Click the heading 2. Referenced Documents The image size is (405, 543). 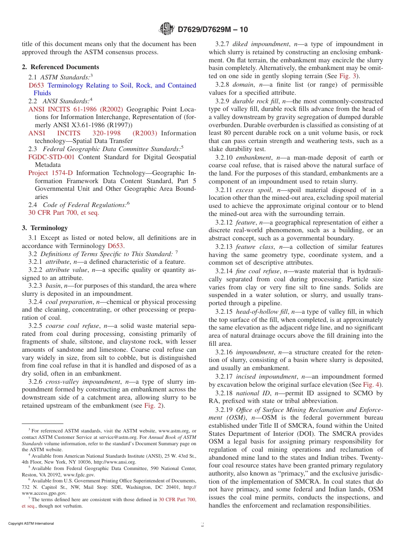[61, 67]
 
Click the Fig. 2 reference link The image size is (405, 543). [153, 406]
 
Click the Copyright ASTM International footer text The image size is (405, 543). [31, 523]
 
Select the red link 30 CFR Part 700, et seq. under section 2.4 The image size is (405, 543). [64, 213]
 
